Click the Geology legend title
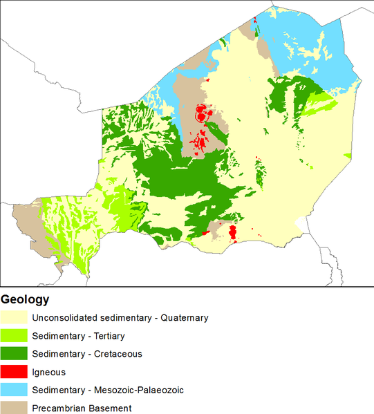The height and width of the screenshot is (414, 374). click(26, 300)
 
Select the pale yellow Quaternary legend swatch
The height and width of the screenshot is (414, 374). click(14, 318)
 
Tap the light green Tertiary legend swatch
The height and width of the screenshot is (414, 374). click(14, 336)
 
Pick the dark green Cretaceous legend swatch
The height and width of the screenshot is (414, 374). click(14, 354)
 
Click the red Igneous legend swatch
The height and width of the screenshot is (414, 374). click(14, 372)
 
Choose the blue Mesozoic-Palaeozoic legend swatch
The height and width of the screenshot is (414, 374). click(14, 390)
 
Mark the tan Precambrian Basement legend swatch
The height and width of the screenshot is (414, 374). click(14, 407)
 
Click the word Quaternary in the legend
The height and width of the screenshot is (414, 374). click(184, 318)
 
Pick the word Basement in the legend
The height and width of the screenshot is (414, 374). click(111, 408)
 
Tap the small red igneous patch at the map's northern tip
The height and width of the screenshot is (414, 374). click(256, 20)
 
